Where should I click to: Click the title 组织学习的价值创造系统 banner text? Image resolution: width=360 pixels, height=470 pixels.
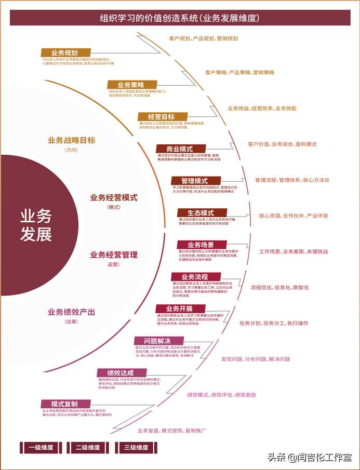pyautogui.click(x=180, y=18)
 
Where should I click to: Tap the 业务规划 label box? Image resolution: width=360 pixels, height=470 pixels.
pyautogui.click(x=65, y=52)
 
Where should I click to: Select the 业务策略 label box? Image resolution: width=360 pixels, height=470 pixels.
pyautogui.click(x=131, y=85)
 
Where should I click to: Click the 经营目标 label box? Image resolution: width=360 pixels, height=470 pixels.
pyautogui.click(x=162, y=116)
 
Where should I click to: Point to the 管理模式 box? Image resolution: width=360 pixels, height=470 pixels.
pyautogui.click(x=195, y=181)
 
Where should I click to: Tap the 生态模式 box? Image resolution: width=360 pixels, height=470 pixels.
pyautogui.click(x=201, y=213)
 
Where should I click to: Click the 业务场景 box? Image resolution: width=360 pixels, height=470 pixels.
pyautogui.click(x=201, y=245)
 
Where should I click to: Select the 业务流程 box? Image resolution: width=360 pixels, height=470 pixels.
pyautogui.click(x=195, y=277)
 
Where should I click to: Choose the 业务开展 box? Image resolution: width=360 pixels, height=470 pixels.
pyautogui.click(x=180, y=308)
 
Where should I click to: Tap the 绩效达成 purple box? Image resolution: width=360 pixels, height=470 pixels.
pyautogui.click(x=121, y=373)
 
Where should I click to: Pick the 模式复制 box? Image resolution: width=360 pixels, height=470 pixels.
pyautogui.click(x=65, y=404)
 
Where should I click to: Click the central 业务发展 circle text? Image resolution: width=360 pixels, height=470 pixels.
pyautogui.click(x=36, y=225)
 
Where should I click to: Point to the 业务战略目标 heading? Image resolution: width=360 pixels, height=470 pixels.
pyautogui.click(x=71, y=140)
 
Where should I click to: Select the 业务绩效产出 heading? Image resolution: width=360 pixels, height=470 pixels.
pyautogui.click(x=71, y=312)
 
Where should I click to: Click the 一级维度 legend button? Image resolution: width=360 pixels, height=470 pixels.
pyautogui.click(x=41, y=447)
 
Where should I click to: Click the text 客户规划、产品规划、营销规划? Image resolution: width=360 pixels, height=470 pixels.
pyautogui.click(x=203, y=38)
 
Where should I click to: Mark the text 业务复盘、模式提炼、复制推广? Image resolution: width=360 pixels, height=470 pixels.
pyautogui.click(x=172, y=431)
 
